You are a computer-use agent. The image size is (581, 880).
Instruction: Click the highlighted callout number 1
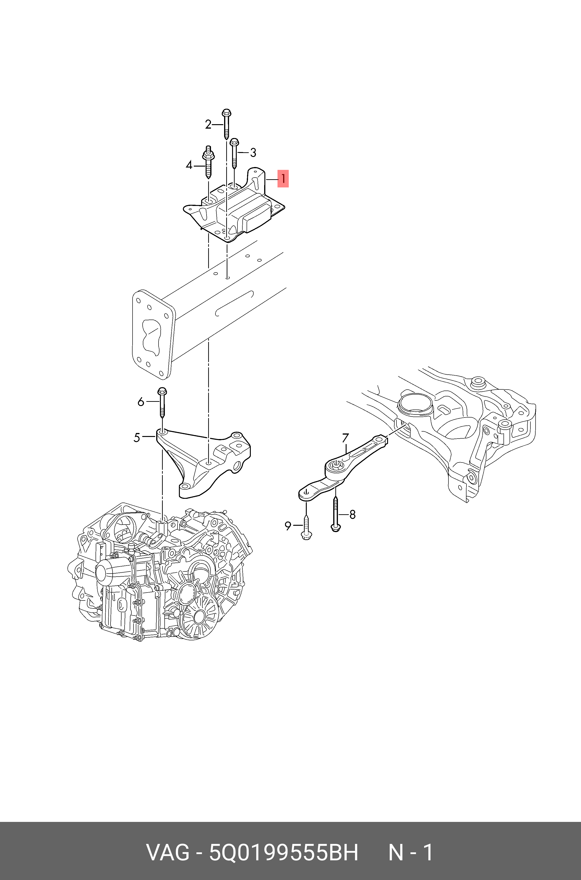(283, 179)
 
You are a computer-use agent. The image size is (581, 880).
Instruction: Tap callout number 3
(253, 152)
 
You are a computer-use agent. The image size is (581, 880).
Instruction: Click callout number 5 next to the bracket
(137, 438)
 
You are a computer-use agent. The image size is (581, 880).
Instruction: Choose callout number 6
(141, 402)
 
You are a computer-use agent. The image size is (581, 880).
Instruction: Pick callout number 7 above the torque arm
(345, 438)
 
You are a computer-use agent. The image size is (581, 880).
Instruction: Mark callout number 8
(352, 514)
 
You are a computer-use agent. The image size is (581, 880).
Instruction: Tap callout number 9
(288, 526)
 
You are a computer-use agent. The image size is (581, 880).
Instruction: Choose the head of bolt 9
(307, 535)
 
